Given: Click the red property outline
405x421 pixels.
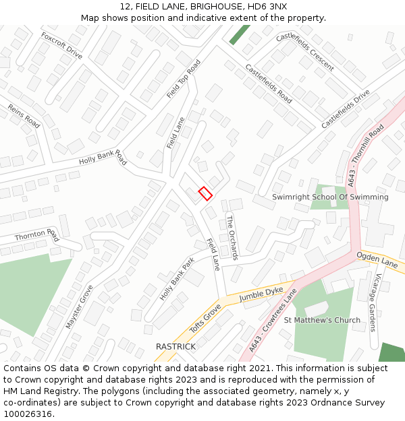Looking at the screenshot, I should pos(205,193).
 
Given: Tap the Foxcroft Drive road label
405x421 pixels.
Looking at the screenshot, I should pos(61,46).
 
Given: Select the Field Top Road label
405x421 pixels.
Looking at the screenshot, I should pos(184,79).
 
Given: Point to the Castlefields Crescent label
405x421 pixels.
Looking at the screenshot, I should pos(304,51).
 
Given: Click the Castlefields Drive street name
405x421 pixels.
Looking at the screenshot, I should pos(346,109).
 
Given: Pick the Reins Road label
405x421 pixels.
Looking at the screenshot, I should pos(24,116).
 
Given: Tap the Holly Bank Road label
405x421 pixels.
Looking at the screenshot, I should pos(103,158).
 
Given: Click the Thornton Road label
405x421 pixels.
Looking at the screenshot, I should pos(36,235).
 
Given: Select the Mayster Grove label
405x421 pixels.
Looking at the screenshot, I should pos(80,306).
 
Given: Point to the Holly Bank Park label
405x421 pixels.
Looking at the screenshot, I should pos(177,279).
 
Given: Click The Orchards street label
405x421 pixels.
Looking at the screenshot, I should pos(232,237).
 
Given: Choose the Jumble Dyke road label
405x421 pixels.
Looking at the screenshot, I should pos(261,294).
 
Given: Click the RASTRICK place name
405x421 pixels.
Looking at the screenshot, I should pos(175,346).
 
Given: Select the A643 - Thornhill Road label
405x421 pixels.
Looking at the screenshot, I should pos(365,155).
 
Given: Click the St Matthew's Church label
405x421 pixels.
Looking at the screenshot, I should pos(322,320).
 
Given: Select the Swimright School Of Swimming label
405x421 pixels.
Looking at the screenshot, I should pos(330,197).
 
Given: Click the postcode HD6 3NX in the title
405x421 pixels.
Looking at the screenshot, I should pos(269,6).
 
